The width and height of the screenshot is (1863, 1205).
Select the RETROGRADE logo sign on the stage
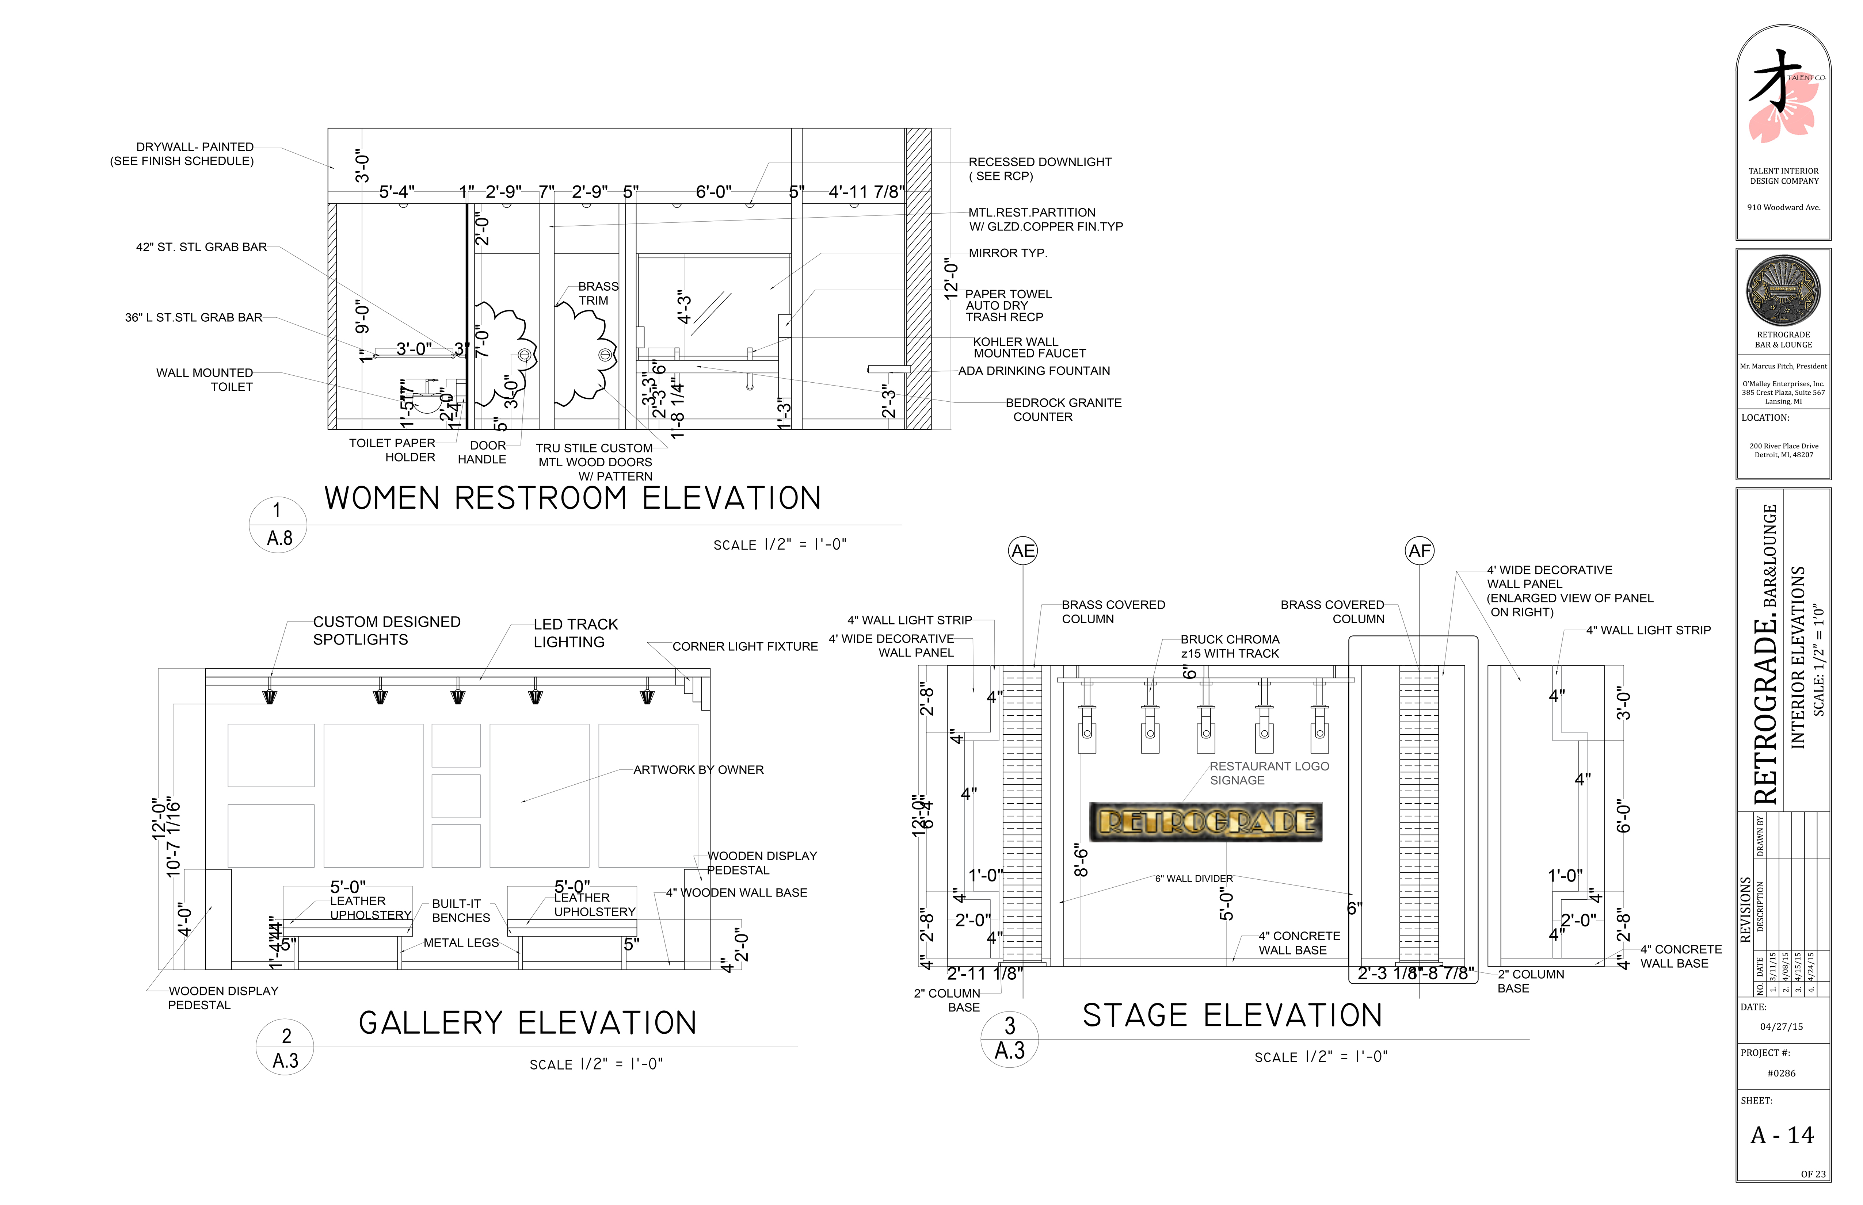click(1206, 822)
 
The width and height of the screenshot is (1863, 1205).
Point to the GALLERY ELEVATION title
click(527, 1023)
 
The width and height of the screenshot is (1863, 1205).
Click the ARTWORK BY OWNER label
click(698, 770)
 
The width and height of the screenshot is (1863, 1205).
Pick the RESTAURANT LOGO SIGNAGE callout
click(1269, 773)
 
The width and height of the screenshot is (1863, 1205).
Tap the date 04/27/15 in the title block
click(1781, 1026)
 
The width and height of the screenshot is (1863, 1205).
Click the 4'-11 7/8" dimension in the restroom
click(866, 192)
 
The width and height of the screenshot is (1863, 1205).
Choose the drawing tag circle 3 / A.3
click(1009, 1038)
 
